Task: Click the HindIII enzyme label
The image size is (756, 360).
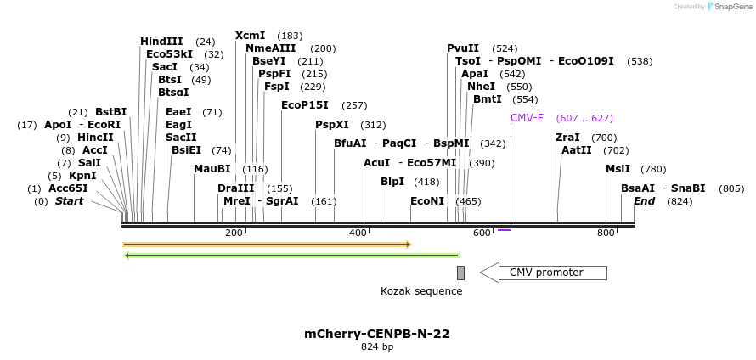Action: click(x=161, y=42)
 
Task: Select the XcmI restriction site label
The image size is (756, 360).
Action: click(x=250, y=36)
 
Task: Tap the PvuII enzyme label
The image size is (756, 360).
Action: click(x=463, y=48)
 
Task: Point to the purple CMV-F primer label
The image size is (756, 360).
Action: click(x=527, y=118)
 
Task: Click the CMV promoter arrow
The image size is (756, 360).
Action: click(x=544, y=273)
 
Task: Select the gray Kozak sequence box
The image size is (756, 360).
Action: click(x=460, y=273)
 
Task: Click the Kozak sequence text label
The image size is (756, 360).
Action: click(x=421, y=291)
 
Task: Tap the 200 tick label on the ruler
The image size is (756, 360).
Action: click(x=234, y=233)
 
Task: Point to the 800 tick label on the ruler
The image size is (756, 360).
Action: click(x=606, y=233)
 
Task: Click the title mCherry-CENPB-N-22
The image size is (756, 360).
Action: click(x=377, y=334)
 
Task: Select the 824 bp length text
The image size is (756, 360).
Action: click(x=377, y=347)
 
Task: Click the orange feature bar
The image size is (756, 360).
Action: click(x=267, y=245)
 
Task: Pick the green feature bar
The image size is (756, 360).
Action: click(x=291, y=255)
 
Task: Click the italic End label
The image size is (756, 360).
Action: click(x=644, y=201)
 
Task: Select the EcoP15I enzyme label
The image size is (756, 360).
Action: click(x=304, y=105)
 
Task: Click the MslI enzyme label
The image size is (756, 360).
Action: click(x=618, y=169)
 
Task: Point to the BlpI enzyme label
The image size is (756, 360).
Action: click(x=392, y=182)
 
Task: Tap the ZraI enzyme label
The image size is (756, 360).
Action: click(x=567, y=138)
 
